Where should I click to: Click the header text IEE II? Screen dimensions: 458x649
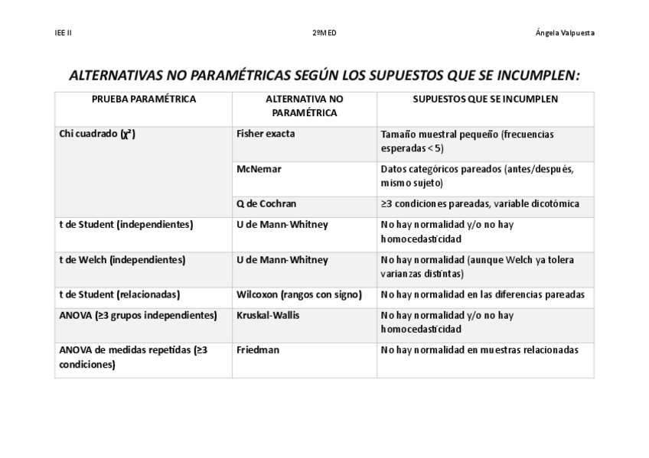tap(64, 33)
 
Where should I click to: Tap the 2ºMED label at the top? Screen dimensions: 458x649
tap(324, 33)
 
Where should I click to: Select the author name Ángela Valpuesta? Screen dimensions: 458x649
tap(565, 33)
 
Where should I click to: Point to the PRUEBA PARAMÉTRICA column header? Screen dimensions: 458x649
tap(144, 99)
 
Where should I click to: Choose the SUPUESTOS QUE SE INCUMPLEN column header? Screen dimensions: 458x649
tap(485, 99)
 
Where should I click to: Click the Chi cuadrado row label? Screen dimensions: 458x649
tap(97, 135)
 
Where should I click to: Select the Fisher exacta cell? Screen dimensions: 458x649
tap(266, 134)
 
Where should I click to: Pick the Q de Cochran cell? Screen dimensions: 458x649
tap(266, 204)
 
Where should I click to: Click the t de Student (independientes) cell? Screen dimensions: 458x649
tap(126, 225)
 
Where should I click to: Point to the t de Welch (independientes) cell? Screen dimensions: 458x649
tap(122, 260)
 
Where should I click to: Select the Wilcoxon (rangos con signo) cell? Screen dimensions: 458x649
tap(299, 294)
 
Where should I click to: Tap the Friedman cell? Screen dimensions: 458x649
tap(258, 350)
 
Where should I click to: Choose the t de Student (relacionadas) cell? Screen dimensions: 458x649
tap(119, 294)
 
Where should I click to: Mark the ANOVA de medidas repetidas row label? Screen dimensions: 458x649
tap(133, 357)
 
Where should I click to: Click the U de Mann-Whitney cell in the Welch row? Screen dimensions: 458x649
tap(282, 260)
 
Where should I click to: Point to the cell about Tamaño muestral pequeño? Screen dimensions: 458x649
tap(467, 141)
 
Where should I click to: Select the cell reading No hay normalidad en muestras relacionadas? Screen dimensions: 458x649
tap(479, 350)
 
